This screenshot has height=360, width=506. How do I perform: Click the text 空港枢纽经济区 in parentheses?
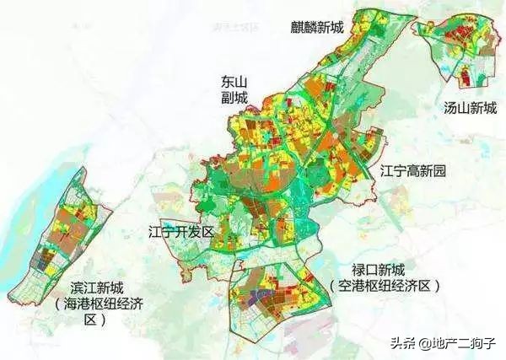coord(385,287)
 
